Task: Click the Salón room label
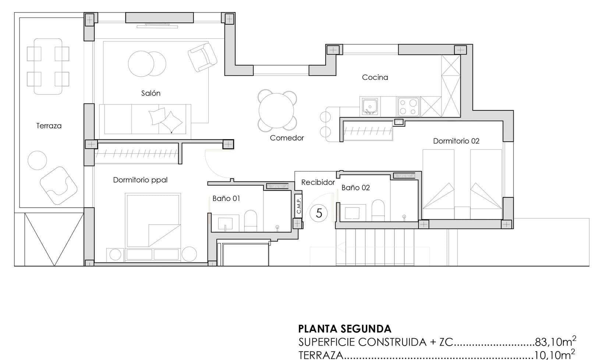coord(151,93)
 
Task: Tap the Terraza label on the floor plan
coord(49,126)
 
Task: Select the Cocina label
coord(375,77)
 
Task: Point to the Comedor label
coord(287,138)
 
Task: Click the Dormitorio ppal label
coord(140,180)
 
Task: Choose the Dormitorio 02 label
coord(456,141)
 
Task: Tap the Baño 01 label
coord(226,198)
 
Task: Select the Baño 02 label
coord(355,188)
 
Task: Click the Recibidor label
coord(318,182)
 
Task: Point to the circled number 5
coord(319,213)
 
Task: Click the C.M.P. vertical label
coord(298,205)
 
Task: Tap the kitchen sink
coord(370,106)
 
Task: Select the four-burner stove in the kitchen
coord(408,107)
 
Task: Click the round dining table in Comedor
coord(276,110)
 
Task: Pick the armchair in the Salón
coord(202,57)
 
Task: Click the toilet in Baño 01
coord(250,221)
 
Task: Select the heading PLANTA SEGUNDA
coord(345,329)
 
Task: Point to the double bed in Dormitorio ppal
coord(153,220)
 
